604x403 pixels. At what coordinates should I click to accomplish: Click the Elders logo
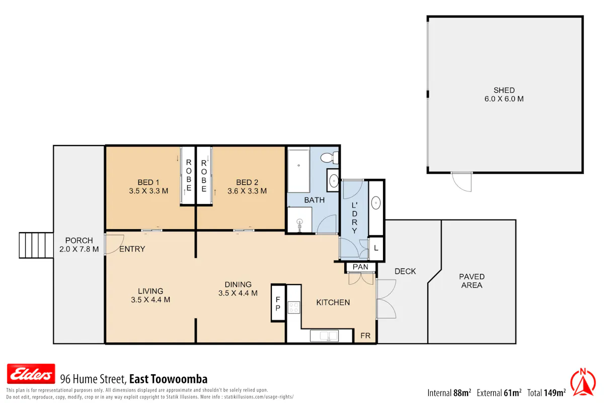[x=31, y=374]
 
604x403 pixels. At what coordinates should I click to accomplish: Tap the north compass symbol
[x=583, y=382]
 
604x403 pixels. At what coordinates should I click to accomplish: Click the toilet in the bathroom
[x=329, y=157]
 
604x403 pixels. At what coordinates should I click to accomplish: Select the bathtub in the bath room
[x=298, y=171]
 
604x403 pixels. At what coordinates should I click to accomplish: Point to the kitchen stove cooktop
[x=294, y=307]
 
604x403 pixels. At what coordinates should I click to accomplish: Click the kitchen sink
[x=324, y=336]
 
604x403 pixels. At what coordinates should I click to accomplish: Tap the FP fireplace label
[x=278, y=303]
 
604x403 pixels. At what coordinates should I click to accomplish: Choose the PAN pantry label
[x=360, y=267]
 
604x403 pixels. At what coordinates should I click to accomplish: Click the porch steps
[x=36, y=245]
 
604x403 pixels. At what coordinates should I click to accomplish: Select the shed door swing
[x=462, y=182]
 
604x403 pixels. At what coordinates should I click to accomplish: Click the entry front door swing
[x=114, y=244]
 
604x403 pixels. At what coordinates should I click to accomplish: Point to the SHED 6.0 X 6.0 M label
[x=504, y=95]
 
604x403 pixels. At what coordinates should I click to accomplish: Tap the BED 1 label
[x=148, y=182]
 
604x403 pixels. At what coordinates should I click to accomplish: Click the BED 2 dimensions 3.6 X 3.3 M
[x=247, y=191]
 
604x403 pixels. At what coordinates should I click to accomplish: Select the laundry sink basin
[x=376, y=203]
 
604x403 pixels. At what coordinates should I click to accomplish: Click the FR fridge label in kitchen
[x=365, y=336]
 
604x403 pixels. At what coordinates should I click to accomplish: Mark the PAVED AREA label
[x=472, y=281]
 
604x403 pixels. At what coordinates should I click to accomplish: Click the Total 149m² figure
[x=546, y=393]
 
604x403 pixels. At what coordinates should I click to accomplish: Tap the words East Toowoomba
[x=168, y=379]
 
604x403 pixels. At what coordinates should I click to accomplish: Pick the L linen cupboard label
[x=376, y=248]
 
